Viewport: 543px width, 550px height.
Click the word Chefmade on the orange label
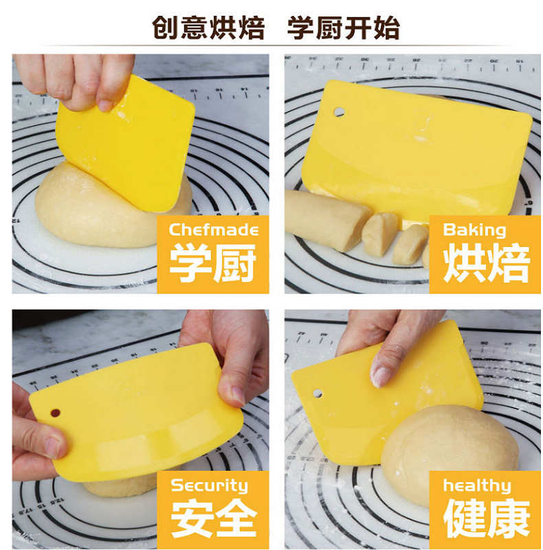214,230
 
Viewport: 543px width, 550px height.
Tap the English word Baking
474,230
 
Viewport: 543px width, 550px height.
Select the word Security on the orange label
210,486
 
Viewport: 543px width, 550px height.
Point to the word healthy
477,486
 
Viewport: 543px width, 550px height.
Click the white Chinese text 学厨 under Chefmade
213,263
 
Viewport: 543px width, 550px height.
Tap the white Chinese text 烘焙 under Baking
486,263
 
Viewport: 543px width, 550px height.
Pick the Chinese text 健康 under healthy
486,518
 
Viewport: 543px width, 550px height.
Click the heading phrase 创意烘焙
208,28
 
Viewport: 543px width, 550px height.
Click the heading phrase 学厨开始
344,28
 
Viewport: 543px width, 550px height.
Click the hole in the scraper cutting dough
339,112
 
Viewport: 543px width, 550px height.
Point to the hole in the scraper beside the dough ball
318,393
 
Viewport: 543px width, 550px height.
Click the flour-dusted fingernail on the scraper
380,375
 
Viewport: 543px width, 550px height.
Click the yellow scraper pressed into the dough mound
125,144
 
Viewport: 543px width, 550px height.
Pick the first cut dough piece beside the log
379,234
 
